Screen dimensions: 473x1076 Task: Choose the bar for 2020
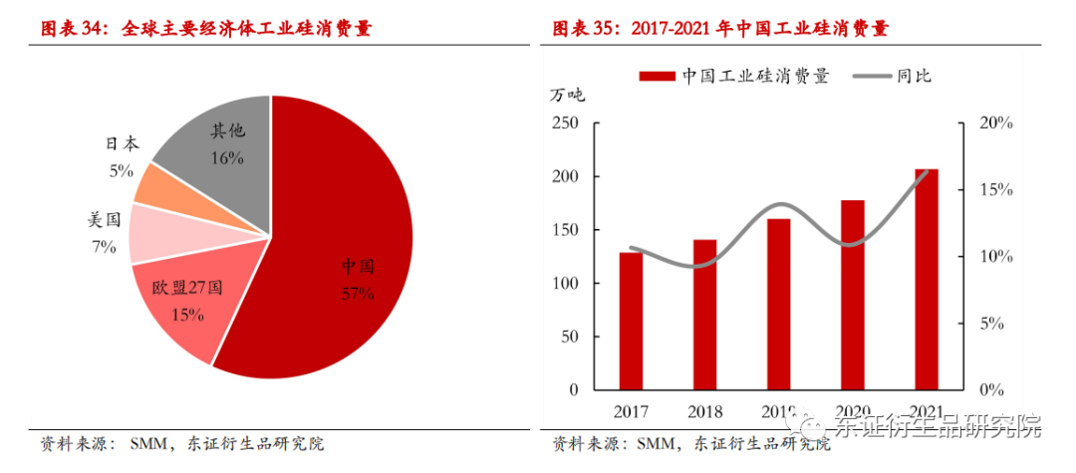pyautogui.click(x=852, y=295)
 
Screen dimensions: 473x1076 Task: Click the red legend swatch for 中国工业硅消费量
pyautogui.click(x=656, y=76)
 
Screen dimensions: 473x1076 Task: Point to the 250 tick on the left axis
pyautogui.click(x=564, y=123)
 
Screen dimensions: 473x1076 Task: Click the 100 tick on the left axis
pyautogui.click(x=564, y=284)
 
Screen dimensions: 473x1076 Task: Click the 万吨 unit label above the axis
pyautogui.click(x=568, y=96)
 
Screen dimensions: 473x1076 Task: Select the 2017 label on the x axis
pyautogui.click(x=631, y=411)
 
